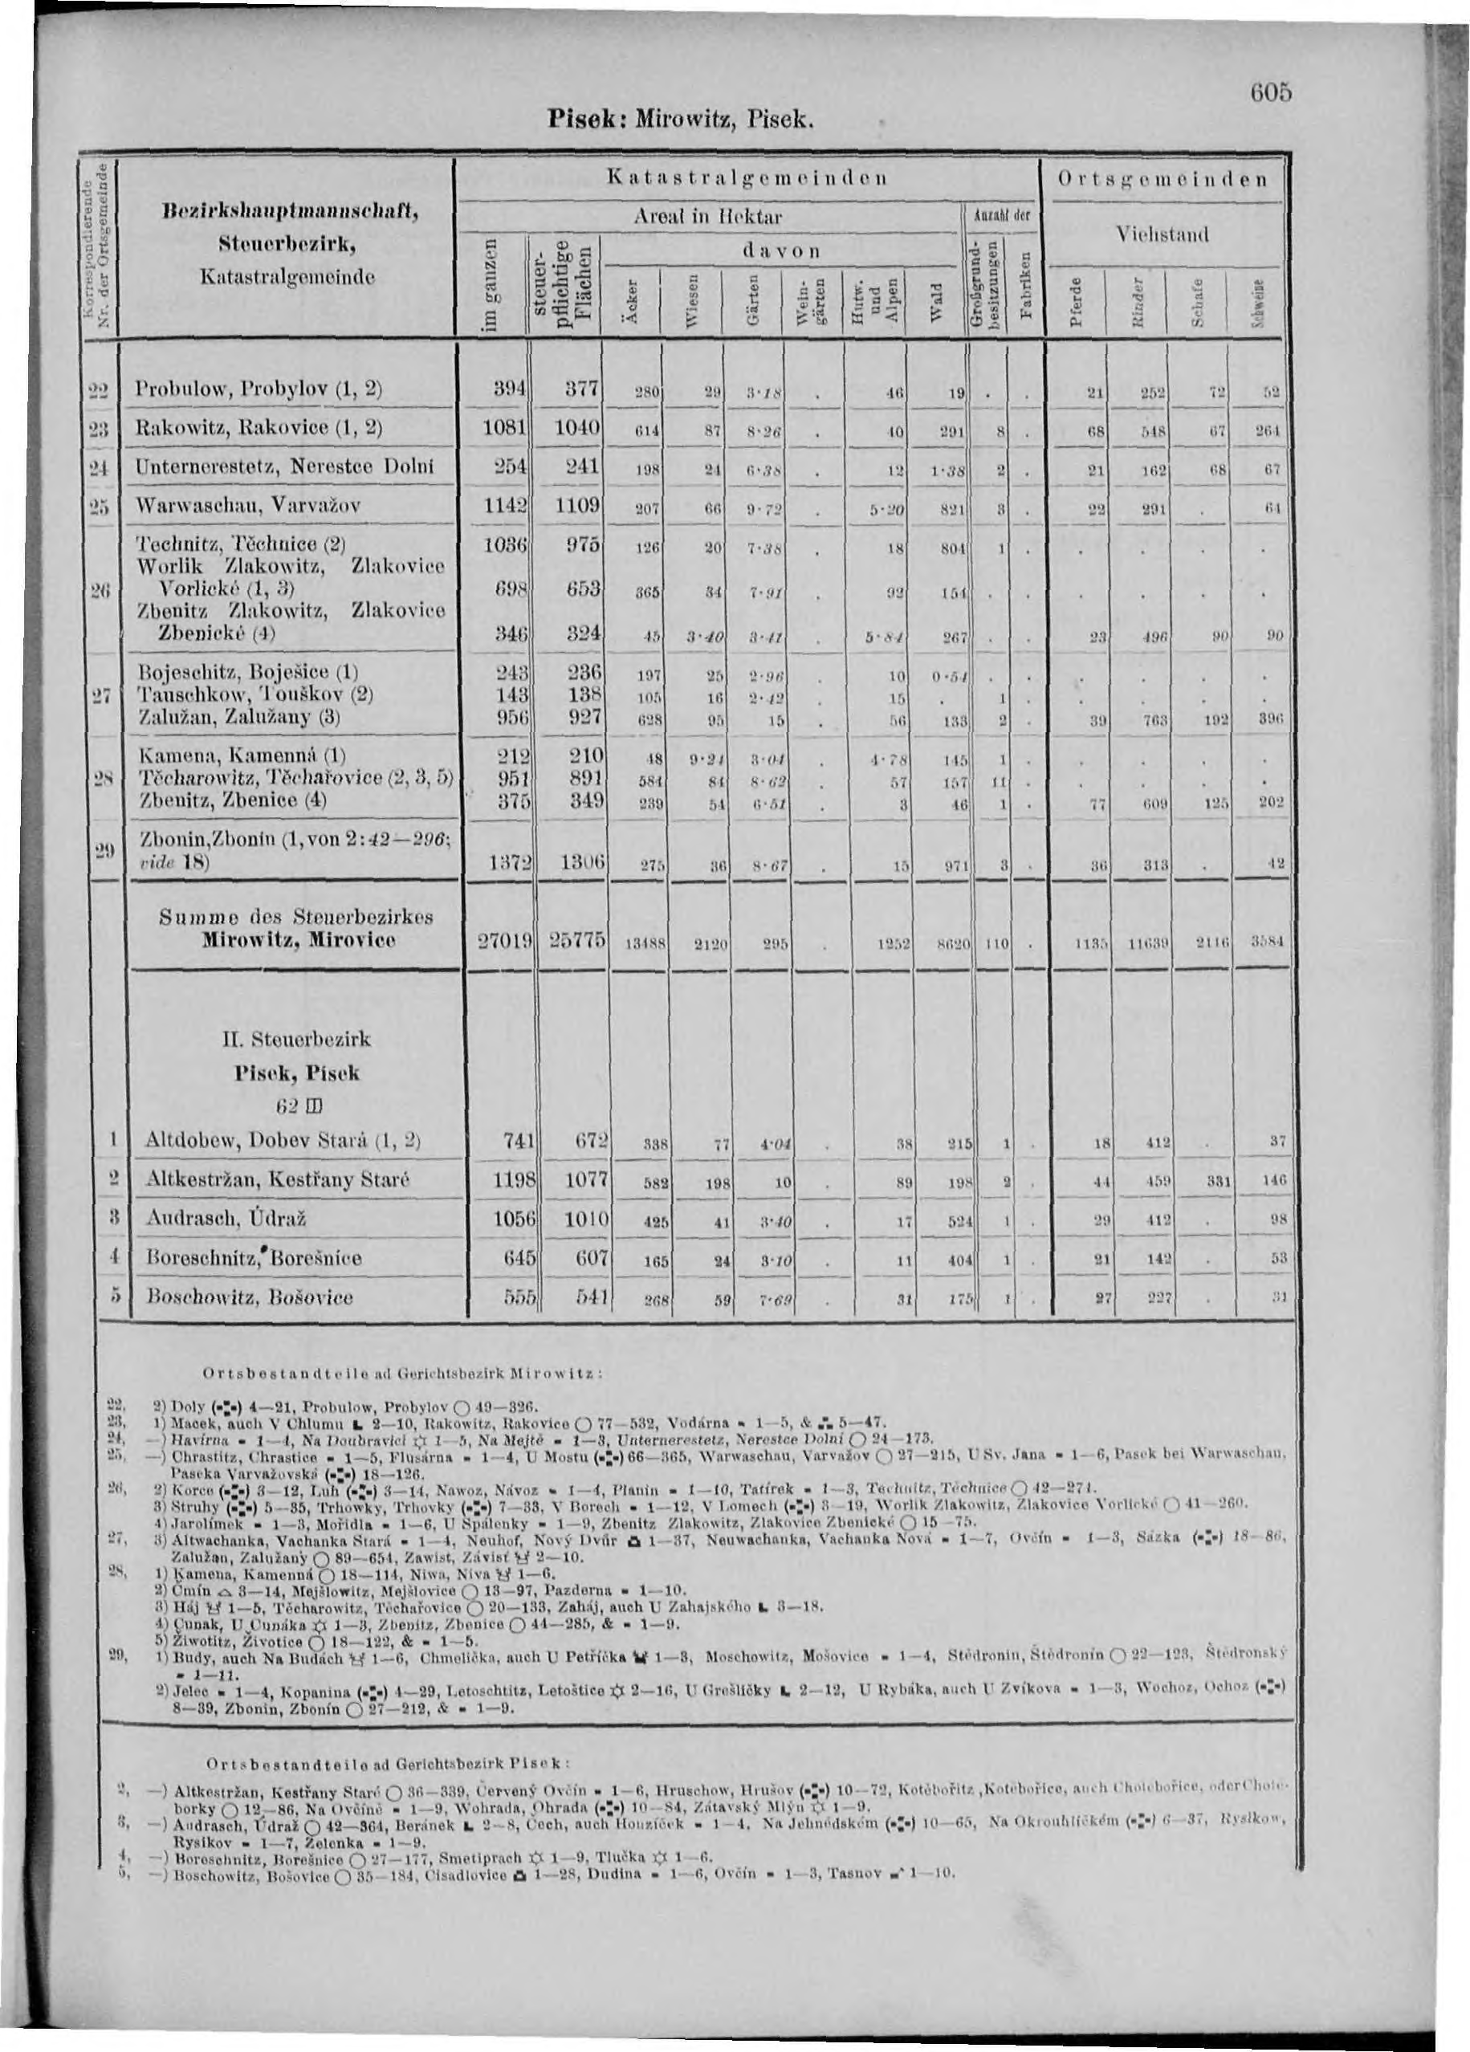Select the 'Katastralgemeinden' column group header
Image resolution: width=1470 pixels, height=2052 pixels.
point(747,177)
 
